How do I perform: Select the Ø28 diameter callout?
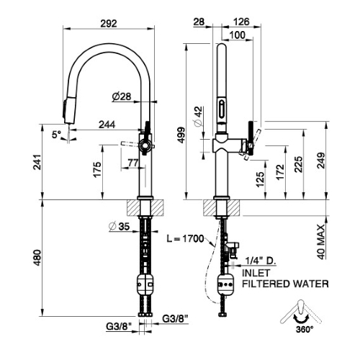click(x=121, y=97)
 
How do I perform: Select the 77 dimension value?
click(x=133, y=163)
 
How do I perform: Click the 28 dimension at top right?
click(x=199, y=22)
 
